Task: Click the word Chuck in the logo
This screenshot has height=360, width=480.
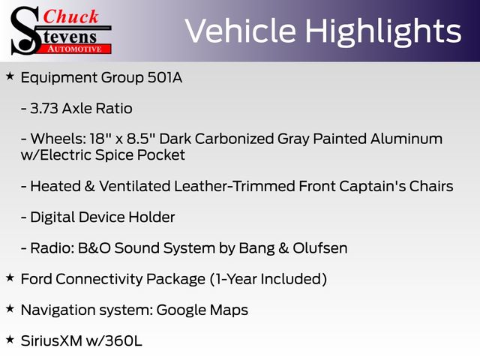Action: click(70, 16)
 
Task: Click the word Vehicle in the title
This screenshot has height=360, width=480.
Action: click(241, 31)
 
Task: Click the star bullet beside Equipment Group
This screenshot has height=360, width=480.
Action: click(10, 76)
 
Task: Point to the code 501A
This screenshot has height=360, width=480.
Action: click(165, 77)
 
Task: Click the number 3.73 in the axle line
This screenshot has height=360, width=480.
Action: click(44, 108)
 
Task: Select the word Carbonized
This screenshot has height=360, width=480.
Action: click(234, 139)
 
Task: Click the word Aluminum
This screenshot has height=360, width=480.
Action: click(406, 139)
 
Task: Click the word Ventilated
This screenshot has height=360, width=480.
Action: click(135, 186)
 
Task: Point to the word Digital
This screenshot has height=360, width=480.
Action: click(52, 217)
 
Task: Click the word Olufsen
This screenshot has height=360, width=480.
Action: click(320, 248)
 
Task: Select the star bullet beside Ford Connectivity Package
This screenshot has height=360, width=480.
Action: click(10, 277)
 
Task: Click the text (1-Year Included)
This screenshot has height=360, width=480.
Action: click(268, 279)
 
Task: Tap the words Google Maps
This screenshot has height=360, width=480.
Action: click(202, 310)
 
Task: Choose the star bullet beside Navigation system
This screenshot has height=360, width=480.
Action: click(10, 308)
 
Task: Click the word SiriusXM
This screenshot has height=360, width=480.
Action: click(52, 341)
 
